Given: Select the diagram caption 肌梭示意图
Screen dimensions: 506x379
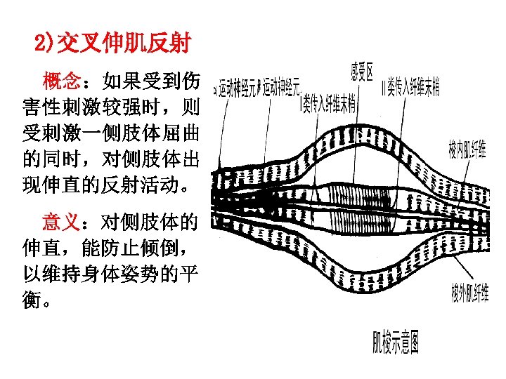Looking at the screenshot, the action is point(396,344).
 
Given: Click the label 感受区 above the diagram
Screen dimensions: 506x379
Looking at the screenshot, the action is point(362,70).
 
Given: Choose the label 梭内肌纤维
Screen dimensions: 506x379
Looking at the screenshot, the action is point(467,149).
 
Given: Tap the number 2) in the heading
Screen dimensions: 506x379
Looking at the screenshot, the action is point(43,44).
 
